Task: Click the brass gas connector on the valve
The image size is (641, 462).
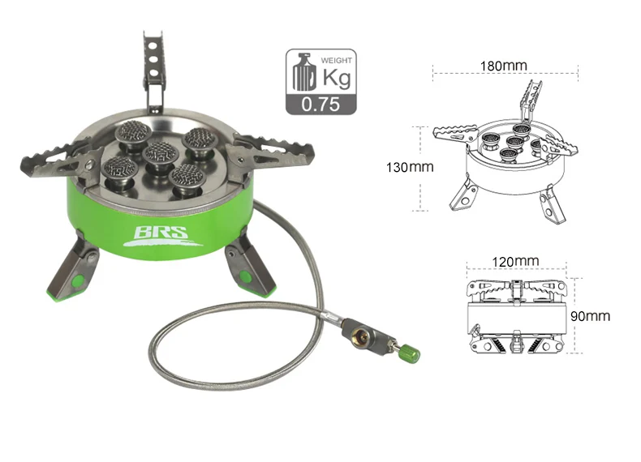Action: pos(359,336)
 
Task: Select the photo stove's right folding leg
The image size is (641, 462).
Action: pos(250,266)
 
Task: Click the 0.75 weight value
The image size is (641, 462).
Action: pos(320,105)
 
